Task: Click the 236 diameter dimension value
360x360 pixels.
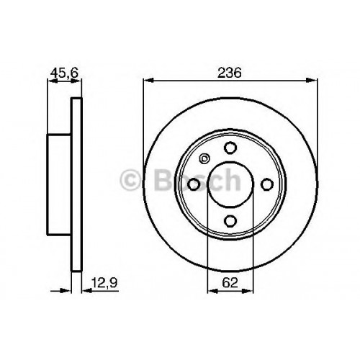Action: (x=229, y=73)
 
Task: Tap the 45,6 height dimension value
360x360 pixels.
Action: (x=64, y=73)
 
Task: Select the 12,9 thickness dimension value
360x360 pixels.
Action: (x=104, y=283)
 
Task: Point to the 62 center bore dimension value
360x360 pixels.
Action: (x=230, y=283)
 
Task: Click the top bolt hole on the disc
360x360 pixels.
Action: (x=230, y=148)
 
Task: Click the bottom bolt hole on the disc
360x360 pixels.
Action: (x=230, y=221)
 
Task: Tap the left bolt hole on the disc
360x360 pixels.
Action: (x=194, y=184)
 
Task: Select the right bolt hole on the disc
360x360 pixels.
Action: (x=267, y=184)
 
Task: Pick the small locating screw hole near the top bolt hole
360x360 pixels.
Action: (x=204, y=158)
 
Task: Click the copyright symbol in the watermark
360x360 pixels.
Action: (x=130, y=179)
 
